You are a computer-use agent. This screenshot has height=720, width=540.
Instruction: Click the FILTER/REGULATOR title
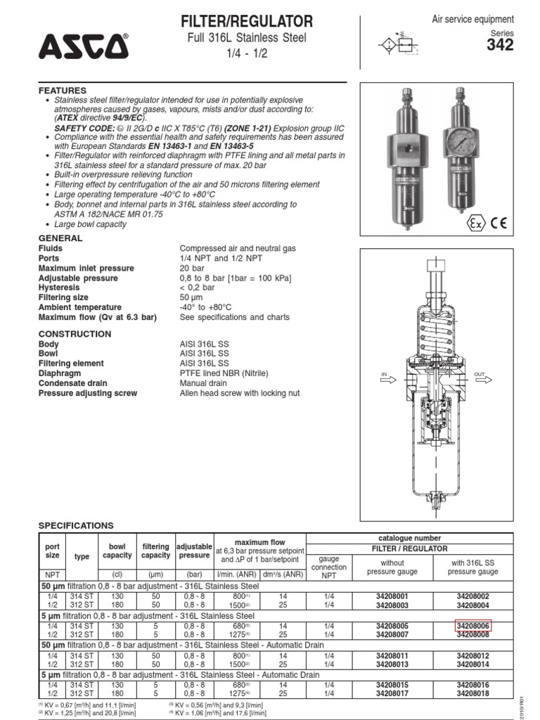tap(247, 21)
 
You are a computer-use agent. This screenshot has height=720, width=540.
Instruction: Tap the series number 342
tap(500, 46)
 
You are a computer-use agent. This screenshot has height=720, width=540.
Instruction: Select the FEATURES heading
tap(63, 91)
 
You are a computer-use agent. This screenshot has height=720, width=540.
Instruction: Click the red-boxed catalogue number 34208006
tap(472, 624)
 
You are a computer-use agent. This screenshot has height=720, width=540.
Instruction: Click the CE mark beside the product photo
tap(499, 224)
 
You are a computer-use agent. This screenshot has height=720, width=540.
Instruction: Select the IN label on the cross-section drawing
tap(385, 374)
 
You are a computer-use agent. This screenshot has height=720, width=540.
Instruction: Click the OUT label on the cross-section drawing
tap(480, 374)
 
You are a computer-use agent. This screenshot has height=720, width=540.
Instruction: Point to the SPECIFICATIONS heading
tap(75, 525)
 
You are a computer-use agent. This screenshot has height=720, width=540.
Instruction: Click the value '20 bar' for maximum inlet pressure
tap(192, 269)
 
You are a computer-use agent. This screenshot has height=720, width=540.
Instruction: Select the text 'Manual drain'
tap(203, 383)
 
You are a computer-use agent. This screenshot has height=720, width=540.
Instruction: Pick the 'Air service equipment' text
tap(482, 20)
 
